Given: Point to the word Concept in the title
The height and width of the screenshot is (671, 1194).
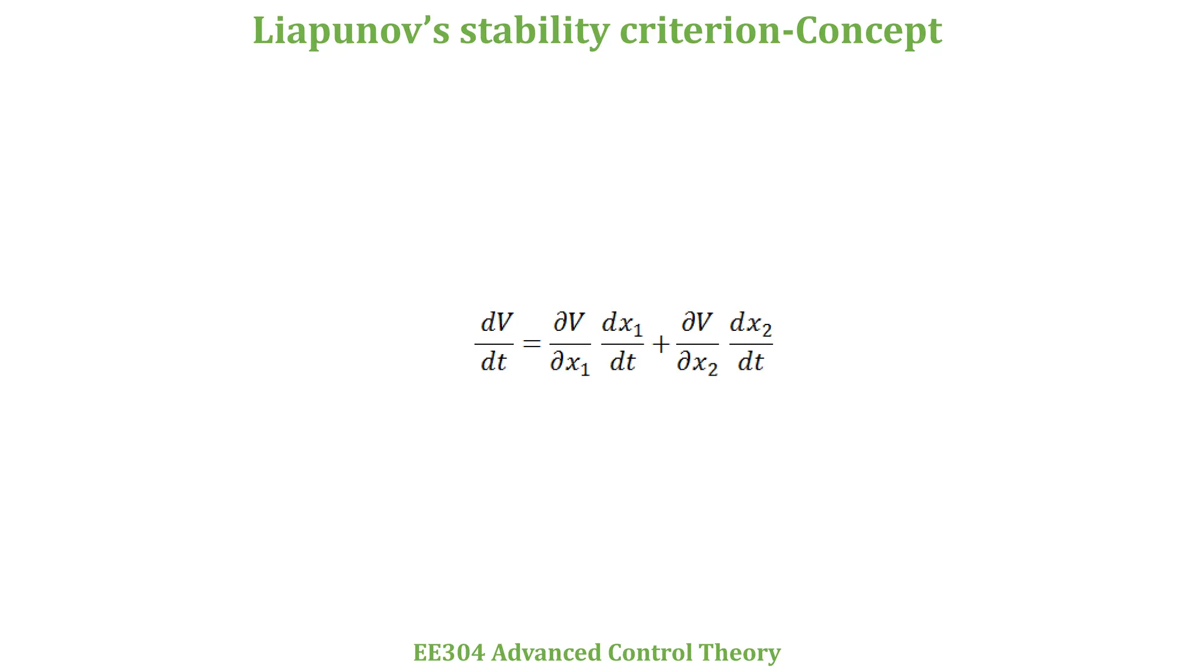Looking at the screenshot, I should coord(868,31).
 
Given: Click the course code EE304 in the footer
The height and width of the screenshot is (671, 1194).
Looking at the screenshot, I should coord(448,652).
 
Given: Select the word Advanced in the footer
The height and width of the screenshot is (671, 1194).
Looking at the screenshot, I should coord(546,652).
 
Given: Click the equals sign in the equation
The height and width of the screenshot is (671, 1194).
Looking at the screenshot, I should coord(531,344).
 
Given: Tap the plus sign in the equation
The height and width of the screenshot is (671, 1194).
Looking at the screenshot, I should coord(660,345).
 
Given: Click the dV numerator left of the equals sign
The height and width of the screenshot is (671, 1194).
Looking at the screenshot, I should coord(496,322).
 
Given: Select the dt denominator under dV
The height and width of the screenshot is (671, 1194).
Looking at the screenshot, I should coord(493,362).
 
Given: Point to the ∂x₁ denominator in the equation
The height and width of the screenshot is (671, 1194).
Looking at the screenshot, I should coord(570,364).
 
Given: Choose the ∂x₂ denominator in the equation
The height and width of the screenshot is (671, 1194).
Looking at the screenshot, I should coord(697,364).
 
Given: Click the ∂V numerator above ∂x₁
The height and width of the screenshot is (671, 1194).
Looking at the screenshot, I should coord(568,322).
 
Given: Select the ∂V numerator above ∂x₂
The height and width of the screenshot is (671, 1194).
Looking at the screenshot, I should coord(697,322).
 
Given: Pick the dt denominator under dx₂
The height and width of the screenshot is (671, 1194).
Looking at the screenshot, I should coord(750,362).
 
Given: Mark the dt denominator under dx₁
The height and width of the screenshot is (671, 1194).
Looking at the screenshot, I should coord(622,362).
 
